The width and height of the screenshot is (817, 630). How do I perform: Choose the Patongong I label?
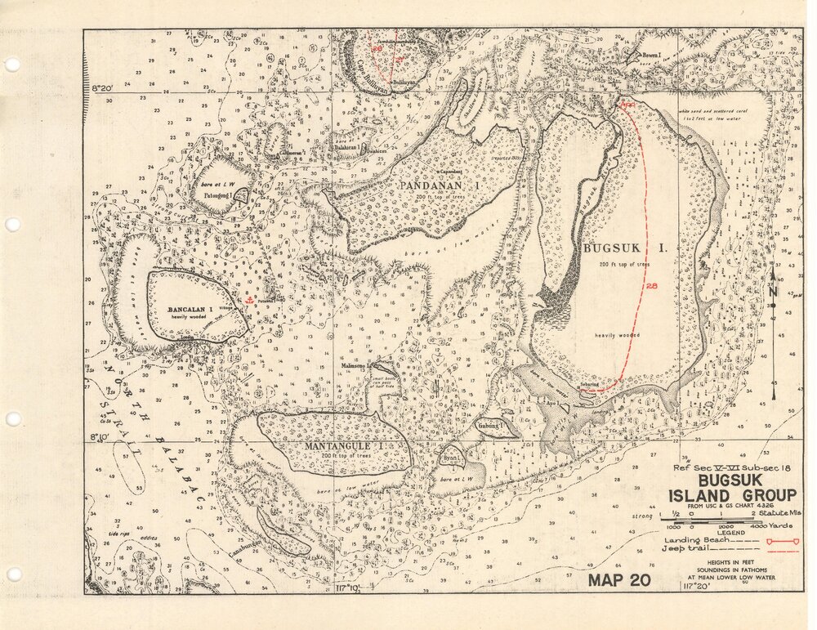coord(218,196)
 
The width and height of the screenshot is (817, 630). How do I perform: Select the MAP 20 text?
coord(618,581)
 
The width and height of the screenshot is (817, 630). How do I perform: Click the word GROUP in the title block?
coord(764,495)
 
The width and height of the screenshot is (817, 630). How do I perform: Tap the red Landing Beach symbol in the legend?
coord(776,541)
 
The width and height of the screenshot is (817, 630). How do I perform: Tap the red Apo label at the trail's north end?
coord(627,105)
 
